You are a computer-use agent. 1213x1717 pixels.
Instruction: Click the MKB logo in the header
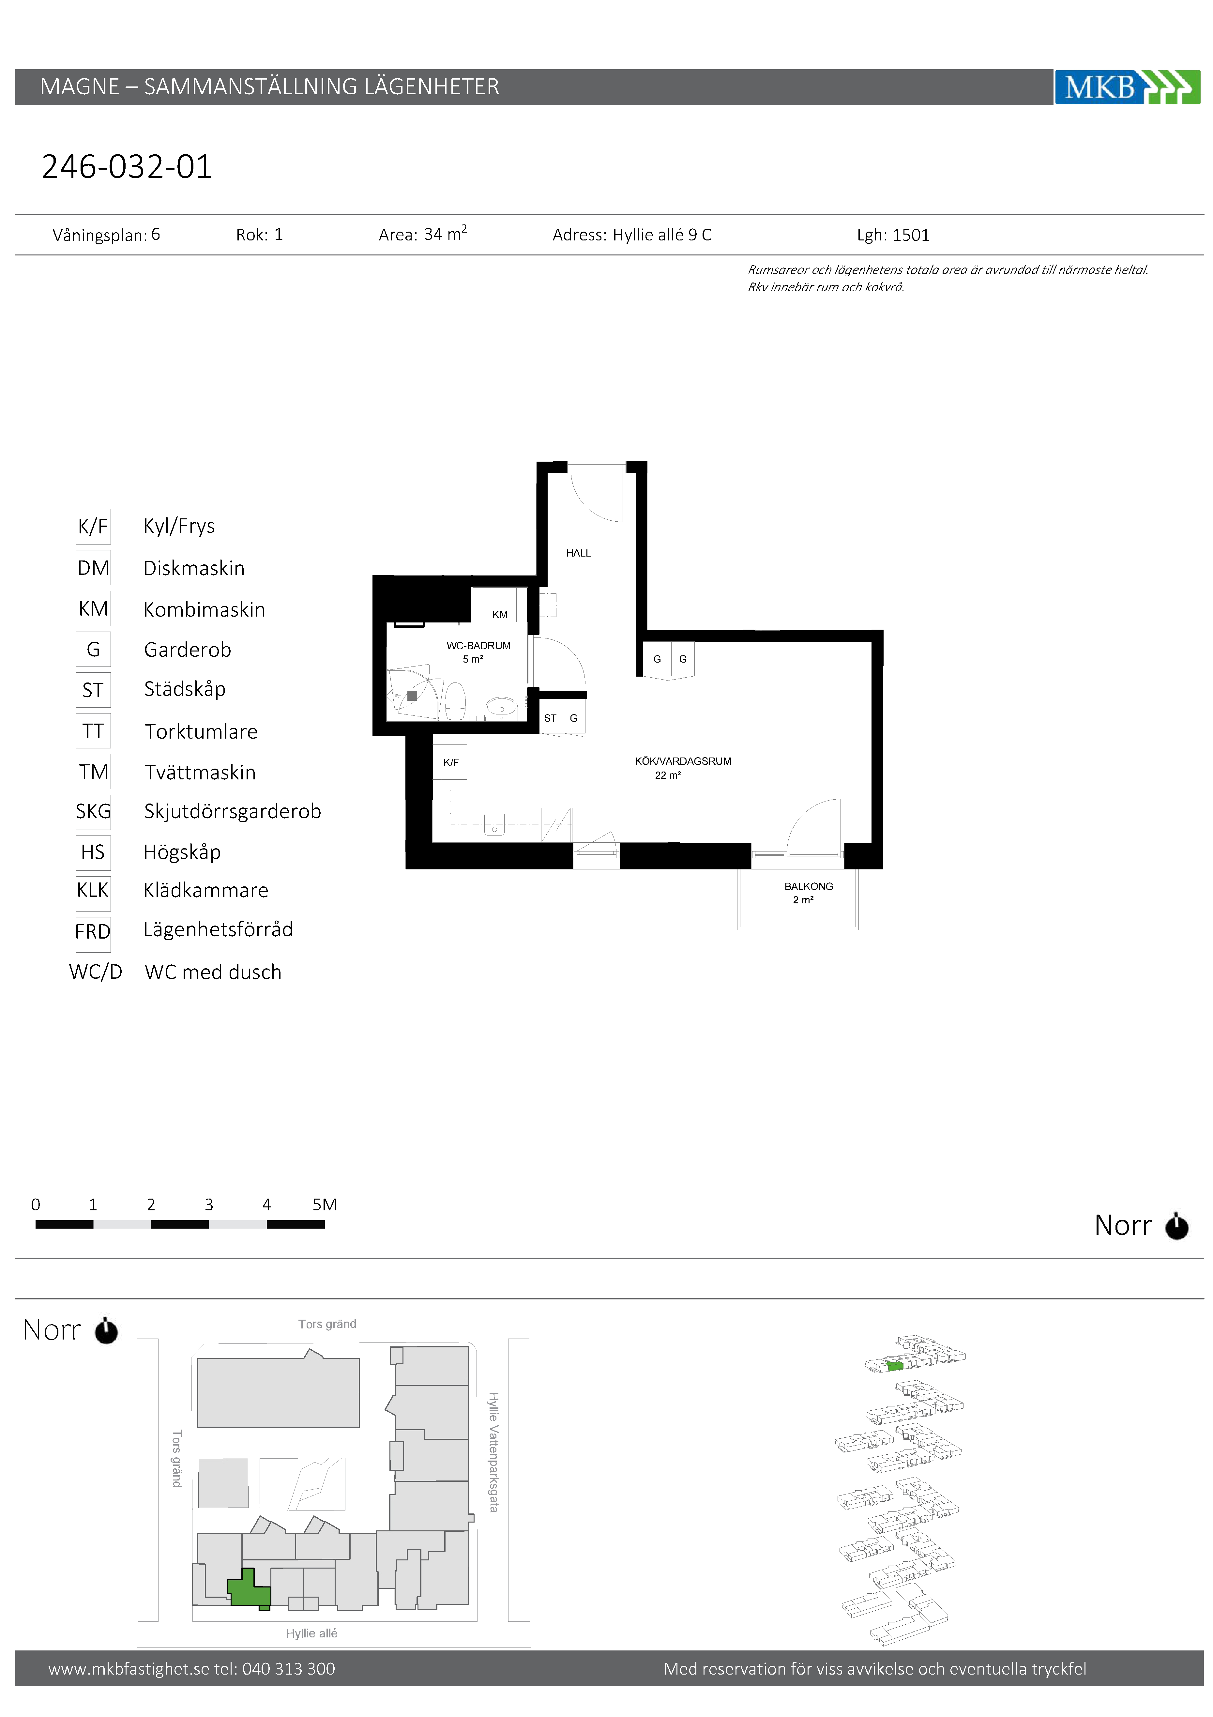[x=1127, y=87]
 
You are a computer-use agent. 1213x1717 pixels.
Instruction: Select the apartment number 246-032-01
[x=127, y=166]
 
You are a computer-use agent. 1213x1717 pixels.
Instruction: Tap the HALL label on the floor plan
[x=578, y=553]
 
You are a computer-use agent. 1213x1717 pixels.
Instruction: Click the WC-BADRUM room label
[x=478, y=645]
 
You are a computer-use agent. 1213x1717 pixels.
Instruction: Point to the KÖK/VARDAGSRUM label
[x=683, y=761]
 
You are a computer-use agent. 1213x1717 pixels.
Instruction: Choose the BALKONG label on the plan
[x=809, y=886]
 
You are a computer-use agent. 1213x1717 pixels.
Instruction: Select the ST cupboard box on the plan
[x=551, y=717]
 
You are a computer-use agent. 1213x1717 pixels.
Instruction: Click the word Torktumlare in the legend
[x=201, y=731]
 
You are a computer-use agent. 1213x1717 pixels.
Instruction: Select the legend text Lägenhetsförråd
[x=219, y=929]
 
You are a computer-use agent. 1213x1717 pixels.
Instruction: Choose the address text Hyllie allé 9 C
[x=662, y=235]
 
